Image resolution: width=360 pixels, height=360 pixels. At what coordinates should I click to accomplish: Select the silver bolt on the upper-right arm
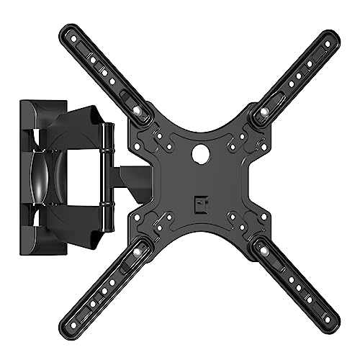pyautogui.click(x=263, y=111)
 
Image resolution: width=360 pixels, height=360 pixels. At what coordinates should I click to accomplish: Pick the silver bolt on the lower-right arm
pyautogui.click(x=263, y=250)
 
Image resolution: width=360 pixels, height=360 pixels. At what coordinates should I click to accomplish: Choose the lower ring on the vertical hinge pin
pyautogui.click(x=109, y=211)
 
